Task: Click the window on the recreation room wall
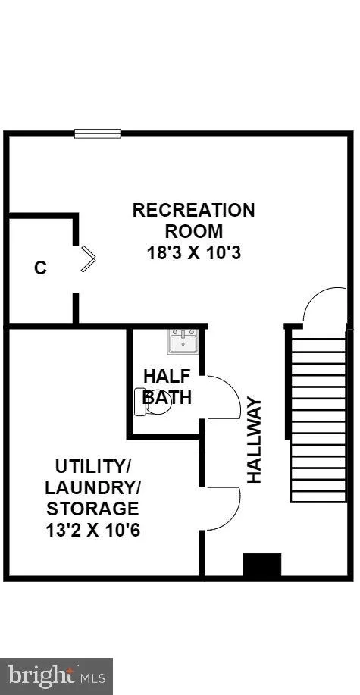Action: pyautogui.click(x=98, y=133)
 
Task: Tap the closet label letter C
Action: pyautogui.click(x=40, y=268)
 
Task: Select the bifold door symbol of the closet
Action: pyautogui.click(x=88, y=259)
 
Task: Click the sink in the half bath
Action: pyautogui.click(x=182, y=341)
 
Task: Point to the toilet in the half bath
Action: pyautogui.click(x=153, y=402)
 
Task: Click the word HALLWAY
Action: pyautogui.click(x=255, y=441)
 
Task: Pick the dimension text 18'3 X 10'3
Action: pyautogui.click(x=194, y=253)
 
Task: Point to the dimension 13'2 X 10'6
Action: pyautogui.click(x=93, y=530)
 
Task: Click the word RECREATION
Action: pyautogui.click(x=194, y=210)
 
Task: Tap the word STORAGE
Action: pyautogui.click(x=92, y=509)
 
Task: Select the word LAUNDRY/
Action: pyautogui.click(x=92, y=487)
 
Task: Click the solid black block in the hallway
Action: pyautogui.click(x=262, y=565)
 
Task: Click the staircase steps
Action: pyautogui.click(x=318, y=420)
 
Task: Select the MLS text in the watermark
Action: pyautogui.click(x=92, y=678)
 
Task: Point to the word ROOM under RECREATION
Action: pyautogui.click(x=194, y=231)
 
